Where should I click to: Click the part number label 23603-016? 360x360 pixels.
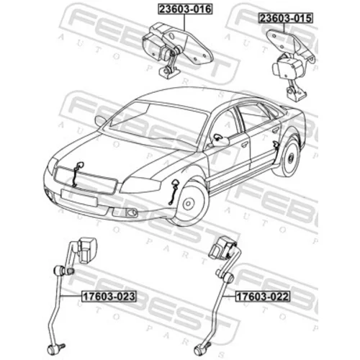(x=185, y=9)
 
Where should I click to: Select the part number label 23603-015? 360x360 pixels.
(x=285, y=18)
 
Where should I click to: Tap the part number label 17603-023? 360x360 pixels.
(x=109, y=296)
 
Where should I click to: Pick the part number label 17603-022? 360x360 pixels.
(x=263, y=297)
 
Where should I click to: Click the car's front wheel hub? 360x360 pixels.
(x=189, y=204)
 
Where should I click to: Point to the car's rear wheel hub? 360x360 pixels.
(x=291, y=158)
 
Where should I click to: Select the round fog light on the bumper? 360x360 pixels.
(x=132, y=212)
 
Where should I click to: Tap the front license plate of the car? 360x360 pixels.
(x=79, y=198)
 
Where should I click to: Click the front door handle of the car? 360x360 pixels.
(x=244, y=145)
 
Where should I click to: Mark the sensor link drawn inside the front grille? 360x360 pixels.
(x=76, y=174)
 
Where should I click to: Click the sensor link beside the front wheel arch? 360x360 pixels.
(x=173, y=192)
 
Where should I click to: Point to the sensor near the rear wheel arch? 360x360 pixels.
(x=276, y=145)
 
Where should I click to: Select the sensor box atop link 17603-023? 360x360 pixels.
(x=87, y=251)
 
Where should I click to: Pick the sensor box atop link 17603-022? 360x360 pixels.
(x=222, y=248)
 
